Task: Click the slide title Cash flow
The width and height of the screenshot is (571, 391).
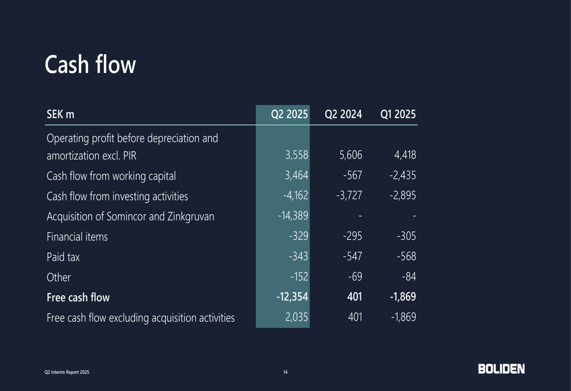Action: [x=90, y=65]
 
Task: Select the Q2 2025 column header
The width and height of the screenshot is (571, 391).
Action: [x=289, y=114]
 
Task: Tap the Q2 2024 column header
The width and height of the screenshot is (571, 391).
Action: [x=343, y=114]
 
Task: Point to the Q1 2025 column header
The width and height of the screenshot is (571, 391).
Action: [x=398, y=114]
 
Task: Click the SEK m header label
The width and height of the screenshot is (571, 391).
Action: [x=60, y=114]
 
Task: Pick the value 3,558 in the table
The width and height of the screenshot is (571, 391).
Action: [x=296, y=155]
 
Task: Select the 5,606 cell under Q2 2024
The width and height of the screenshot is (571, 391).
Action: [x=349, y=155]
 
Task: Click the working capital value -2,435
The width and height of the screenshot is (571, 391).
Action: [x=403, y=176]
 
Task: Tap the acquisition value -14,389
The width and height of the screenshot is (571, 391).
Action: [x=293, y=216]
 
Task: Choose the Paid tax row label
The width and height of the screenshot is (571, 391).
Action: [x=63, y=257]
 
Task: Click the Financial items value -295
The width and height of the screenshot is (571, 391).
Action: [x=352, y=236]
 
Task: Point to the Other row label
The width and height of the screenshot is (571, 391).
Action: [x=58, y=277]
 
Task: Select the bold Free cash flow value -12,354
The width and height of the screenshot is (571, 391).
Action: [x=292, y=297]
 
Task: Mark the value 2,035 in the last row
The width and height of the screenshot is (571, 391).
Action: [x=296, y=317]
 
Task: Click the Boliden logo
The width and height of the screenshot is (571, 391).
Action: [x=501, y=369]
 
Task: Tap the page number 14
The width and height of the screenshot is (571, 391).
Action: [x=285, y=373]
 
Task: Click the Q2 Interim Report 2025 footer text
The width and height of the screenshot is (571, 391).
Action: [x=67, y=373]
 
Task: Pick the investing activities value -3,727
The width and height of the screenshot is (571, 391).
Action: [x=349, y=196]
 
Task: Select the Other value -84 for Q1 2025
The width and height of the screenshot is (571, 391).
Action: [x=408, y=277]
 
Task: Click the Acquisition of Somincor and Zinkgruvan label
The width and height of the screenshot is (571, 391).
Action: [x=130, y=216]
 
